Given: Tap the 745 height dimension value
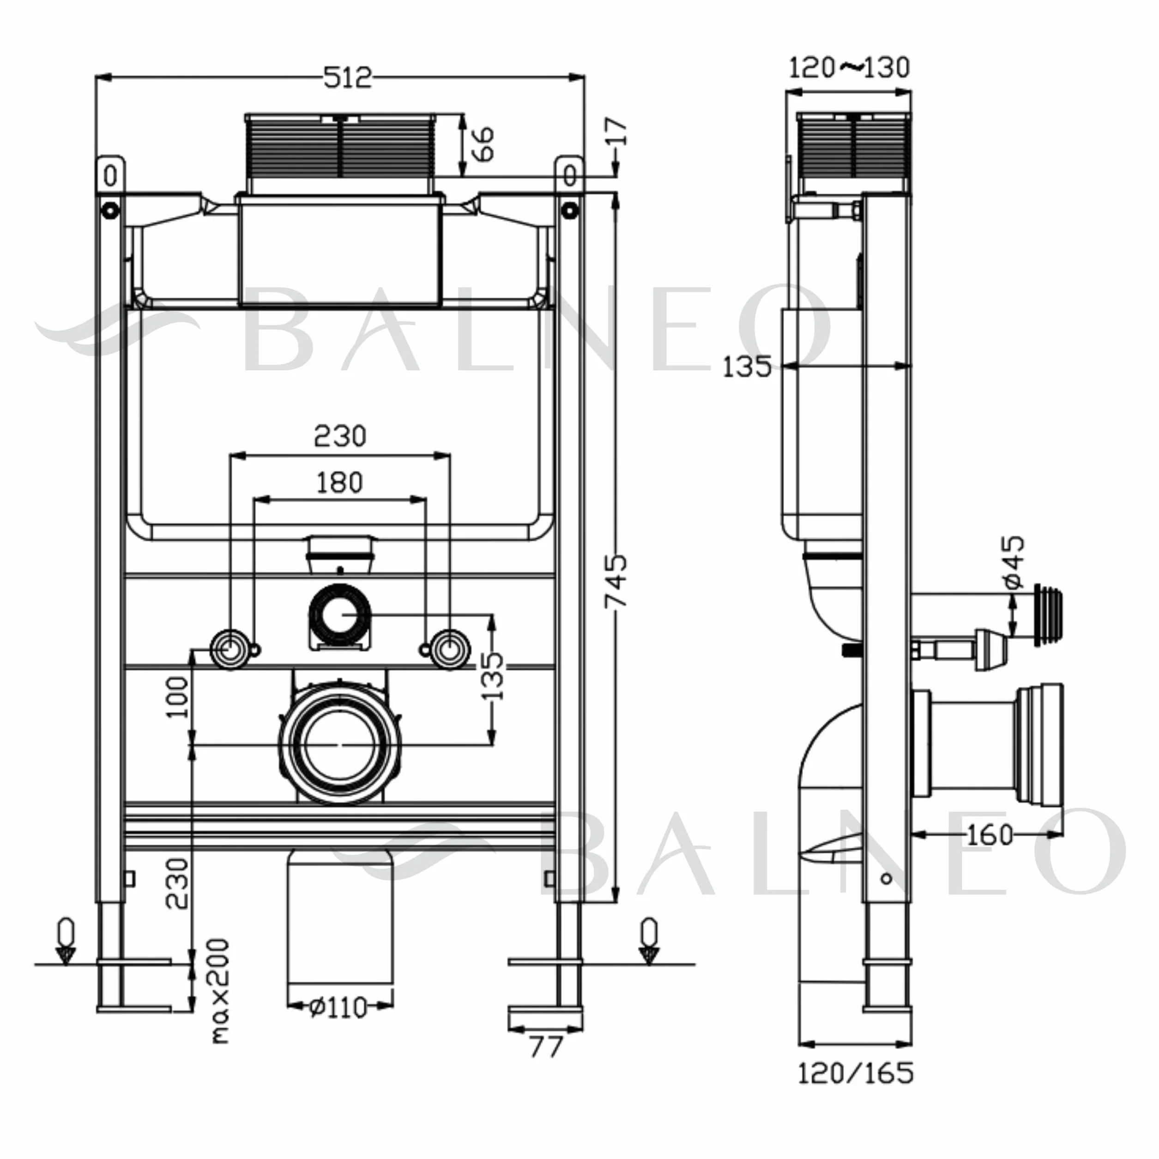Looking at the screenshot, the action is (616, 581).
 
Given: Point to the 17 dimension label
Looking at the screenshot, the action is (617, 132).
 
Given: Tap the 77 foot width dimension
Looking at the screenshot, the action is (546, 1047).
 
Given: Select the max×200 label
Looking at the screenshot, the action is (220, 991).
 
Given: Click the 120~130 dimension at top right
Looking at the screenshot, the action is (849, 67).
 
